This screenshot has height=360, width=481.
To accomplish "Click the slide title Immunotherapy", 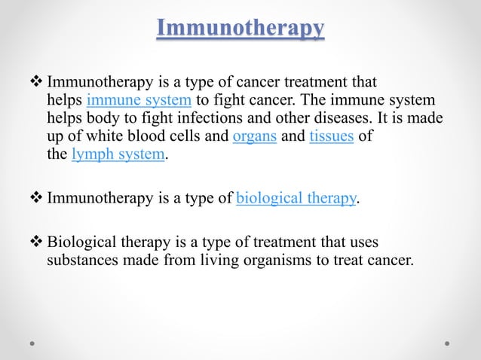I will tap(240, 29).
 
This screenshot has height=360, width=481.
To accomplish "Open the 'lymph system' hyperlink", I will tap(118, 156).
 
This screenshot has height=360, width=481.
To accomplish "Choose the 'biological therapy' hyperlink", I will tap(296, 199).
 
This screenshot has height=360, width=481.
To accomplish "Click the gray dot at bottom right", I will tap(447, 343).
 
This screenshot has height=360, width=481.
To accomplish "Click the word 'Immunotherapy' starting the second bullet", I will tap(97, 199).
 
